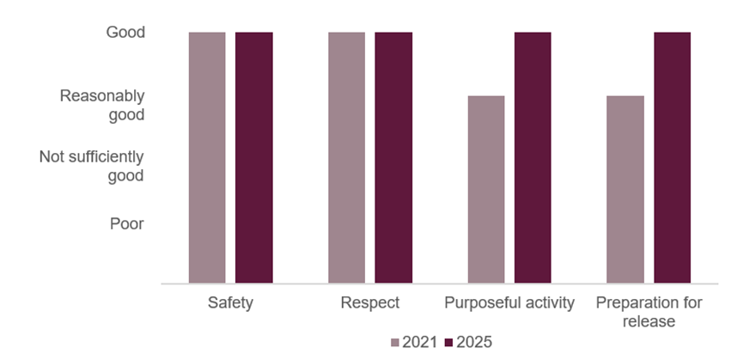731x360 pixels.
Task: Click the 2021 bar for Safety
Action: point(207,157)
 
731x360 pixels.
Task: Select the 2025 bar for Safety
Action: point(253,157)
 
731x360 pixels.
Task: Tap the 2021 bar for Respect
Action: point(346,157)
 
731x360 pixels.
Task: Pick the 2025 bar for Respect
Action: point(393,157)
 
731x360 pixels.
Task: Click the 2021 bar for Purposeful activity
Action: point(486,189)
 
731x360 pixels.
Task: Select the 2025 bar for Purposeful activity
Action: point(533,157)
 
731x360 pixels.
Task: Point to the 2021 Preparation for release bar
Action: point(625,189)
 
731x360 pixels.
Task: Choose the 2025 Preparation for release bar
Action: point(672,157)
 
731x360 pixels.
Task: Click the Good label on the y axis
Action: point(125,33)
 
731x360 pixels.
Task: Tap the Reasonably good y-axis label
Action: point(102,105)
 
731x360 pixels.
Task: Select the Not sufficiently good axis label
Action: point(92,167)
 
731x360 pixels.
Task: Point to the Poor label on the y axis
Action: point(126,223)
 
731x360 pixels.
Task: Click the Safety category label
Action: point(230,303)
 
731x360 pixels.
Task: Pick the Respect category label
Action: point(370,303)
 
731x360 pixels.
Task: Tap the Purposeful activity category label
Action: point(509,303)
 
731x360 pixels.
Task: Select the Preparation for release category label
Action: point(649,312)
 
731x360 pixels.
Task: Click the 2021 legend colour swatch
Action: point(396,342)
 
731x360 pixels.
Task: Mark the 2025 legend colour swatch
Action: point(449,342)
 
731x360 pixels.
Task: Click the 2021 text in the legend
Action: point(420,342)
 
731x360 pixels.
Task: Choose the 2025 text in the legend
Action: point(474,342)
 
